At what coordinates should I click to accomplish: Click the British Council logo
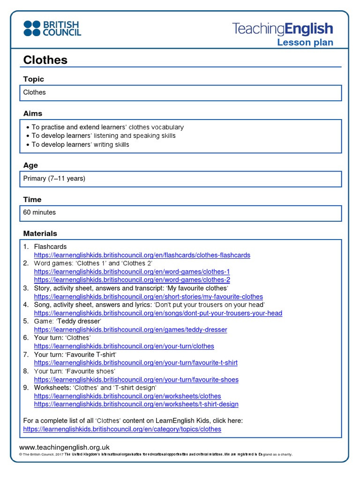click(52, 29)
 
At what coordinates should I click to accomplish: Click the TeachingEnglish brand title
click(283, 29)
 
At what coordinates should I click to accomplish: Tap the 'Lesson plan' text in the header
click(305, 43)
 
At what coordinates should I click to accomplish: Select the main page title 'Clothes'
click(45, 60)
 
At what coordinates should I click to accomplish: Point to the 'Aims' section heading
click(33, 113)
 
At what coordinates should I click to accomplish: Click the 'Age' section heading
click(30, 165)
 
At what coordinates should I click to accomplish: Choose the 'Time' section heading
click(32, 199)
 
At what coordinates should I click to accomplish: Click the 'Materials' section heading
click(40, 233)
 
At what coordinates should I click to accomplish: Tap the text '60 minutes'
click(39, 212)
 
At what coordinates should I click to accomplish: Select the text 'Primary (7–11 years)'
click(54, 179)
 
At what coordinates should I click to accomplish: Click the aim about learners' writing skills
click(80, 144)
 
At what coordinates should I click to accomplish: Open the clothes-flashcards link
click(142, 255)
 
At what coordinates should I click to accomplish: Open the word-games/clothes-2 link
click(132, 280)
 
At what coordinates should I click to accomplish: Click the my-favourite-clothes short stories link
click(148, 297)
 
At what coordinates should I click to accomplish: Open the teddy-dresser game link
click(130, 330)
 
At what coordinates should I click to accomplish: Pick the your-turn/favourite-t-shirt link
click(135, 363)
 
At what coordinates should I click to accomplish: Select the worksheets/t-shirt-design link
click(136, 404)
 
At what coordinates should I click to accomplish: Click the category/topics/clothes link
click(122, 429)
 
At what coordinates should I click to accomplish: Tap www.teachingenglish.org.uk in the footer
click(64, 448)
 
